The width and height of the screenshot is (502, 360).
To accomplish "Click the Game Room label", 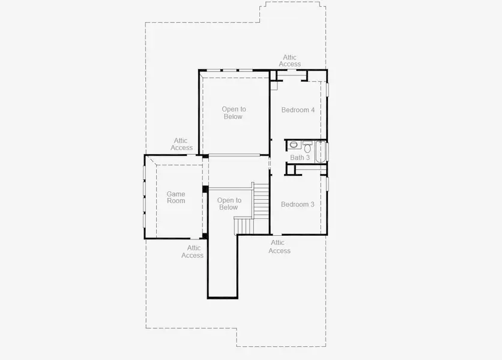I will (176, 197).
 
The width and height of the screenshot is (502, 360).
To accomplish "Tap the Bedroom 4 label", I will (298, 110).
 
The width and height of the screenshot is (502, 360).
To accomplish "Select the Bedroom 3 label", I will (297, 204).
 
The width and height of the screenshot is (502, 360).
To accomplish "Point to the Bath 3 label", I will (300, 158).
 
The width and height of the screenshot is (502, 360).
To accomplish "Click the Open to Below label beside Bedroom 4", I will (234, 113).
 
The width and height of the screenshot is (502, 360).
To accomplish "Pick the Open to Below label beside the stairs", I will (229, 204).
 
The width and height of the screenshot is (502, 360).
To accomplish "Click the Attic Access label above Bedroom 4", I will (290, 61).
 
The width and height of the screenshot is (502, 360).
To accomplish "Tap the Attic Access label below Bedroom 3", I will (279, 247).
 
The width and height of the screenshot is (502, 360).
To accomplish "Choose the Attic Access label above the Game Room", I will (181, 144).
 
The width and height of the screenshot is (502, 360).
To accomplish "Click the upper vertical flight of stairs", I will (261, 202).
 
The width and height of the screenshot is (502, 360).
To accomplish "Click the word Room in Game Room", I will (176, 201).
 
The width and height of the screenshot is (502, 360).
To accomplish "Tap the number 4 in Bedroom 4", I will (312, 110).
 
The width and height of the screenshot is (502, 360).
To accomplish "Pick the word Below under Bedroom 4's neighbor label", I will (234, 116).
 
